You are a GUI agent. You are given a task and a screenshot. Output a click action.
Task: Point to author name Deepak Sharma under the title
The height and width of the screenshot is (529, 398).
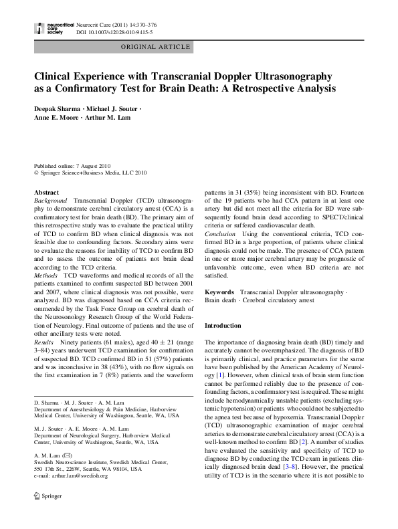coord(56,108)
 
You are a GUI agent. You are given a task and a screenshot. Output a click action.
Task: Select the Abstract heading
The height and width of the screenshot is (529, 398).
coord(47,192)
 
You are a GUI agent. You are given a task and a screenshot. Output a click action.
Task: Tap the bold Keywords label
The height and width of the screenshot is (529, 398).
coord(219,292)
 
